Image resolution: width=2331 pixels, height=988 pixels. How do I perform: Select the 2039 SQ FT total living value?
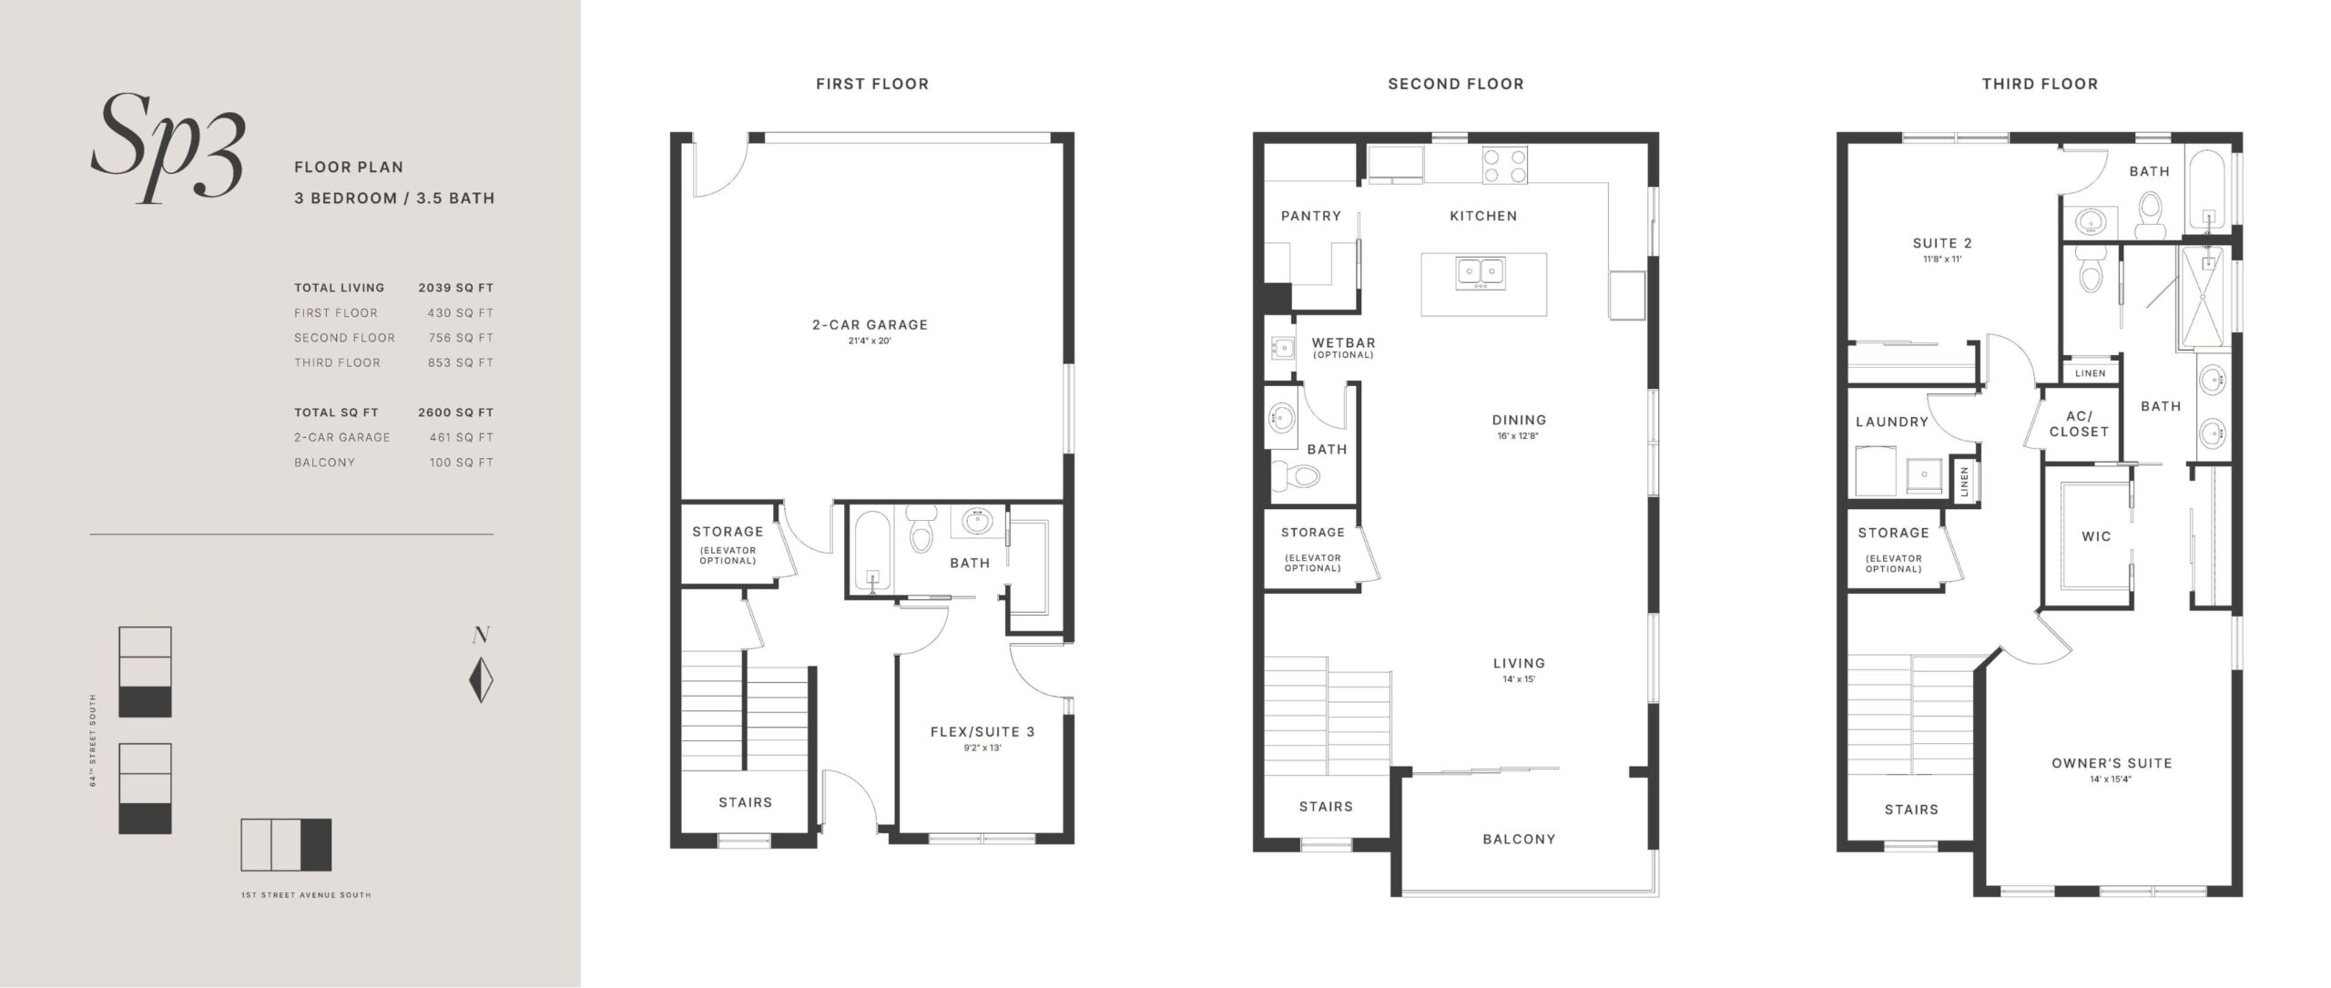tap(455, 288)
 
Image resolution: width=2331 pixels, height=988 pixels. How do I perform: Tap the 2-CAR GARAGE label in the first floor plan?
tap(870, 324)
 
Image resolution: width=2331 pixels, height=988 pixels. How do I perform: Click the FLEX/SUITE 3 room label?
tap(982, 731)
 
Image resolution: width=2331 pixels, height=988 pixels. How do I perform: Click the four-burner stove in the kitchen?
tap(1504, 167)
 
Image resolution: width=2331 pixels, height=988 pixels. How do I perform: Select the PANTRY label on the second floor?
tap(1310, 216)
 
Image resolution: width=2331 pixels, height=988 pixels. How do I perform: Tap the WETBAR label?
tap(1343, 342)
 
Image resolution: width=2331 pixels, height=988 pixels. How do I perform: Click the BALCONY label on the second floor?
tap(1519, 839)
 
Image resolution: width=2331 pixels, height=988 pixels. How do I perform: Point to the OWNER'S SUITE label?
tap(2112, 763)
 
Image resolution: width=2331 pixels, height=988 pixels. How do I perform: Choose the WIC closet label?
tap(2096, 536)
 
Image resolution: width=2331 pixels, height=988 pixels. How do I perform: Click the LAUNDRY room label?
tap(1892, 422)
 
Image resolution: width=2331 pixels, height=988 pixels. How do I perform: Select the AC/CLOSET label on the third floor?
tap(2079, 424)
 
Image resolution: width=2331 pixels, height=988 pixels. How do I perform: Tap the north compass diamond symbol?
tap(481, 680)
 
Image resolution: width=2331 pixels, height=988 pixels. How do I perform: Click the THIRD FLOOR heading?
tap(2040, 84)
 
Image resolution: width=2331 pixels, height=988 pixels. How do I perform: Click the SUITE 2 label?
tap(1942, 243)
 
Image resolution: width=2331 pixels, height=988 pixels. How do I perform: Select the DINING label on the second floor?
tap(1519, 420)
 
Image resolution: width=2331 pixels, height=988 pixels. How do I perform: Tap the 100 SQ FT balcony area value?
tap(461, 463)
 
